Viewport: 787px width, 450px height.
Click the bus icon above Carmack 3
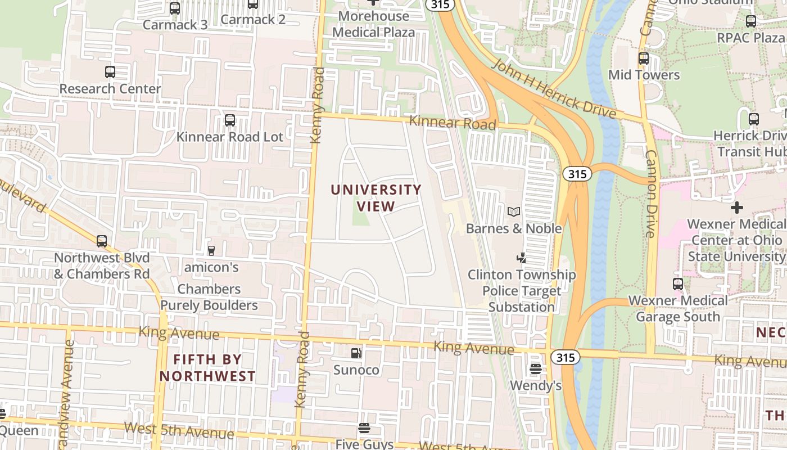[x=175, y=8]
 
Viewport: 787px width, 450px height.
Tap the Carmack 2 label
[x=253, y=20]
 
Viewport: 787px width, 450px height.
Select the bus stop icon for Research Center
[x=110, y=72]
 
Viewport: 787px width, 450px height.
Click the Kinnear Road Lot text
[x=230, y=137]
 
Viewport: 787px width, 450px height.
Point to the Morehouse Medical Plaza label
[x=373, y=24]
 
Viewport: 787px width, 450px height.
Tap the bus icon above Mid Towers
[x=644, y=58]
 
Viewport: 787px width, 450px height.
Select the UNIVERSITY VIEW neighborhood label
[x=376, y=198]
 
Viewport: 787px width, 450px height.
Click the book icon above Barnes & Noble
[x=514, y=212]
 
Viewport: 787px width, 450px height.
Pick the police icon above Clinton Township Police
[x=521, y=258]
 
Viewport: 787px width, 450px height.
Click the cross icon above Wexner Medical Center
[x=736, y=208]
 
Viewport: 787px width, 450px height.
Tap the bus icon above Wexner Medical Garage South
[x=678, y=284]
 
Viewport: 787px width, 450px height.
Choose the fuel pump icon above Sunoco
[x=356, y=353]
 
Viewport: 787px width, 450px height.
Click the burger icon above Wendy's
[x=535, y=369]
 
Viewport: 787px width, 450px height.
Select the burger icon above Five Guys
[x=364, y=428]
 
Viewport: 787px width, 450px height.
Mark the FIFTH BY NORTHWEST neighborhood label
[x=207, y=368]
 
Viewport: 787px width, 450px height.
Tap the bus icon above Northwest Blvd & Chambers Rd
[x=102, y=241]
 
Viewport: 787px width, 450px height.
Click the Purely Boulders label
[x=209, y=305]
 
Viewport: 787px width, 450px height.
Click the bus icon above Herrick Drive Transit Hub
[x=754, y=119]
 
